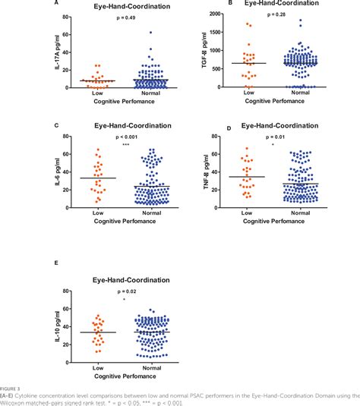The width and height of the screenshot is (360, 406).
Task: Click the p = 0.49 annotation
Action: pos(125,18)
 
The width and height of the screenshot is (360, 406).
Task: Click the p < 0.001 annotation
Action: pos(125,137)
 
